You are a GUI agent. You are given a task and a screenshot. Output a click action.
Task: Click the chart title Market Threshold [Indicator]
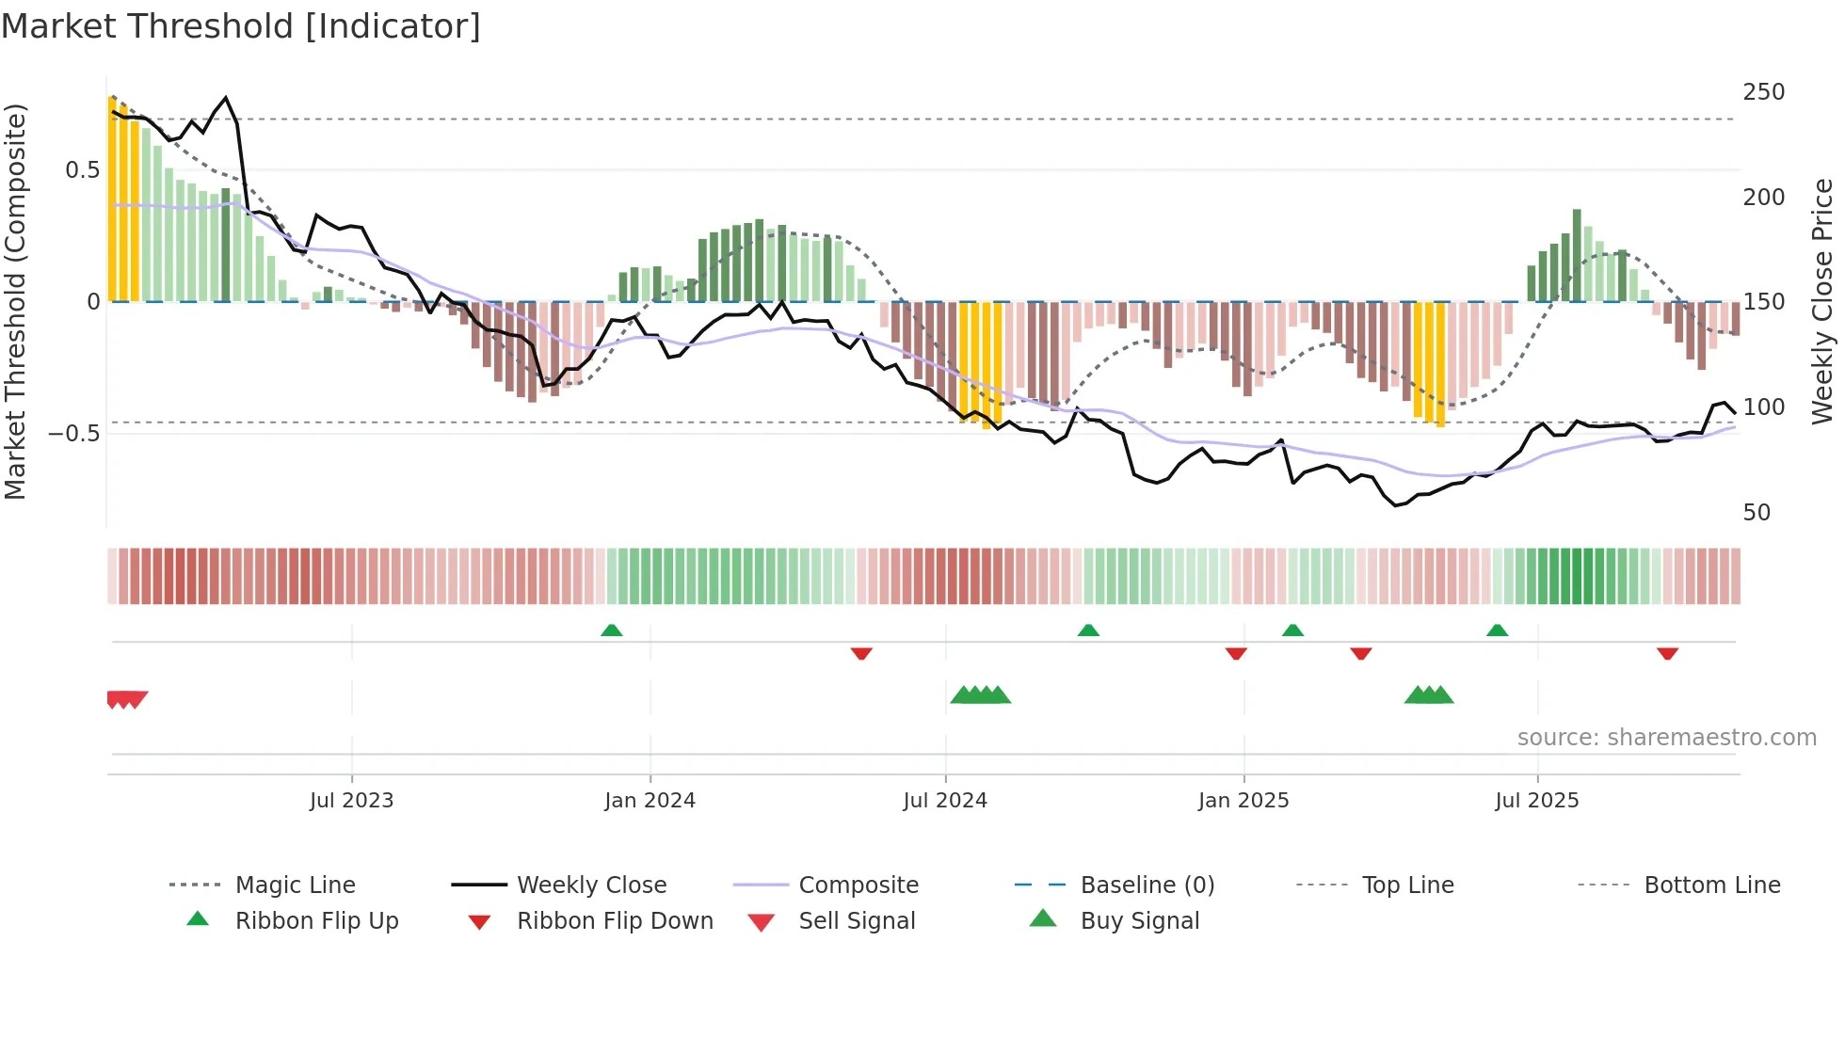coord(241,26)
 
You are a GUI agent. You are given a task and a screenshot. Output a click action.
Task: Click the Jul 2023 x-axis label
coord(351,801)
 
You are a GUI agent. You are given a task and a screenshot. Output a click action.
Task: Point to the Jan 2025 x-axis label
coord(1243,801)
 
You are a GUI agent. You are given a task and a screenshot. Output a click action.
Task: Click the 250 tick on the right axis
coord(1763,92)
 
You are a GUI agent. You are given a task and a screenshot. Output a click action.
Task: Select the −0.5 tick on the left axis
coord(73,434)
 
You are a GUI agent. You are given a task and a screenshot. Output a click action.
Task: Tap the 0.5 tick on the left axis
coord(82,170)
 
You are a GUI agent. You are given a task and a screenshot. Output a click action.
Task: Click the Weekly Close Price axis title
coord(1822,301)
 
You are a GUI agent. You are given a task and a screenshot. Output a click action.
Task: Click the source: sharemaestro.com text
coord(1666,738)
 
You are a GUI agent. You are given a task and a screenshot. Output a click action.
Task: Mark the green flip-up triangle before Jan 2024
coord(612,630)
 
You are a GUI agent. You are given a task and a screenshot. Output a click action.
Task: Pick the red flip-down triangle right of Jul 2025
coord(1667,653)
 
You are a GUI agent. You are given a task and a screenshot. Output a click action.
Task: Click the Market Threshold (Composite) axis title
coord(15,301)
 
